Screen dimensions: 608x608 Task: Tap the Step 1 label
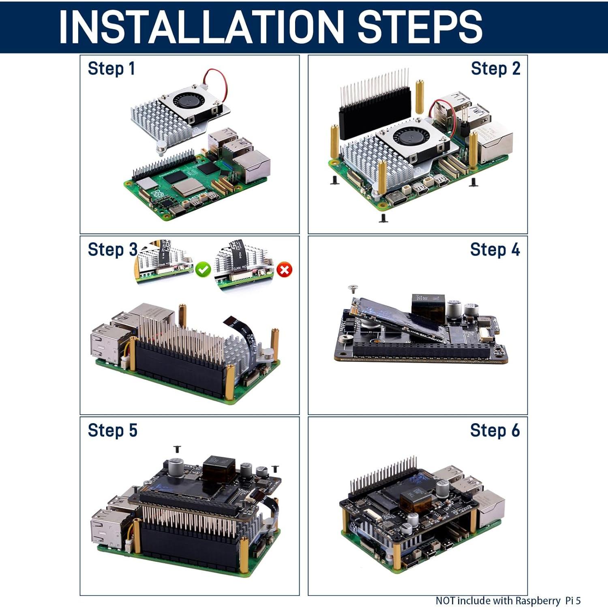(111, 69)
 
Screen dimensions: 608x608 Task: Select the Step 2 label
(495, 69)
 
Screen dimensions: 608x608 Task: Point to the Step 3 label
(112, 249)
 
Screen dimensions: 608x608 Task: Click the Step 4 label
(495, 249)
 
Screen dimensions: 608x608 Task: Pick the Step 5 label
(112, 430)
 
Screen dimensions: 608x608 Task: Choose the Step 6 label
(495, 430)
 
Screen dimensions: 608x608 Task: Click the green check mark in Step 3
(203, 270)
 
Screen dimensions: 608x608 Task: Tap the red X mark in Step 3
(285, 270)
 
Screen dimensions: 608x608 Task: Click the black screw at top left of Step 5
(177, 449)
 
